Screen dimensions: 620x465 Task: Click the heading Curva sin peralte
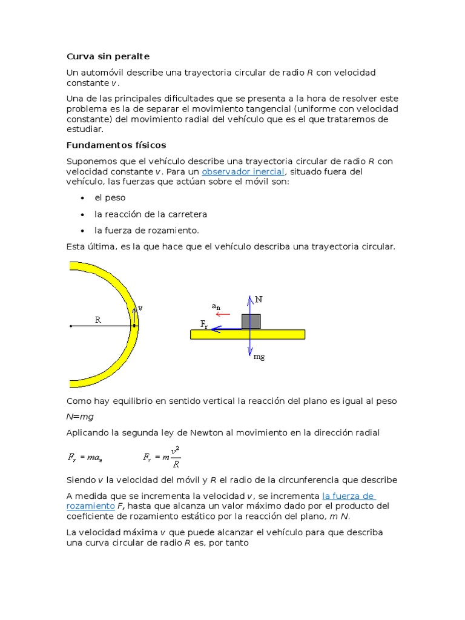(x=108, y=56)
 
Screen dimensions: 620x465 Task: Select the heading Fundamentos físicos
(x=116, y=145)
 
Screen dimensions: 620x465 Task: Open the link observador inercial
(x=243, y=171)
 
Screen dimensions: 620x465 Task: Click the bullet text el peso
(x=110, y=198)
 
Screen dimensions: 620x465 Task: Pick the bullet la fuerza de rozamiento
(x=147, y=231)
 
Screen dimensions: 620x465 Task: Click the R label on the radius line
(x=98, y=320)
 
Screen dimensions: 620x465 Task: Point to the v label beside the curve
(x=140, y=308)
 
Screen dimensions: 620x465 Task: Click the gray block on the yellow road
(x=251, y=321)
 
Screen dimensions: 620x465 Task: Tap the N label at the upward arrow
(x=259, y=300)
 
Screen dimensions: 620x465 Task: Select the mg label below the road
(x=259, y=357)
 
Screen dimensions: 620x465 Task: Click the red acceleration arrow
(x=223, y=314)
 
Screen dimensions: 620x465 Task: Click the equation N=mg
(x=80, y=417)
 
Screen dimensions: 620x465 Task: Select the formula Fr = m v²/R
(x=162, y=457)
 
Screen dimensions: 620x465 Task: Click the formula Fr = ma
(x=84, y=458)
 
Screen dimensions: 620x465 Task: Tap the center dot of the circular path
(x=71, y=326)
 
